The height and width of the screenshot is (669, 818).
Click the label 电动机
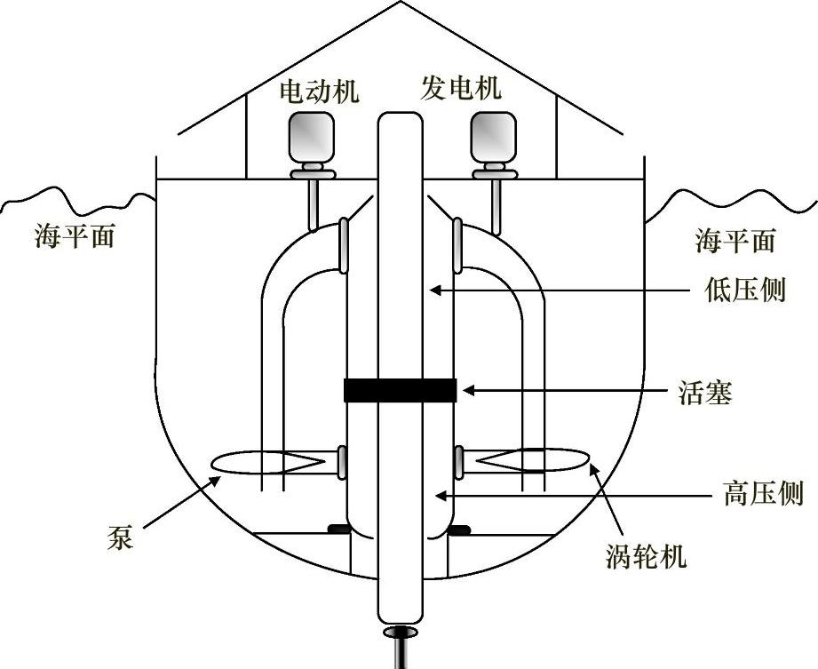pos(319,92)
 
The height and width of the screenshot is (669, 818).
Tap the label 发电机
pos(460,88)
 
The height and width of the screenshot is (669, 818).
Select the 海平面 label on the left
pos(75,237)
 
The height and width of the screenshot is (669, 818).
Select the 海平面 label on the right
pos(735,240)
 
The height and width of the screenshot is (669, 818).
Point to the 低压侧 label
pos(743,290)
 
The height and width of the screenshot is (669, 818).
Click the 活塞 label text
pos(704,392)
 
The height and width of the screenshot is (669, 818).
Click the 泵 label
pos(120,538)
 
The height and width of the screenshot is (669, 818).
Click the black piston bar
pos(400,391)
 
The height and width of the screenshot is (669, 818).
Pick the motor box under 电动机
pos(311,139)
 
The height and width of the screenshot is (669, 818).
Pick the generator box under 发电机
pos(493,138)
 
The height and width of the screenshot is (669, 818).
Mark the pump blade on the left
pos(266,462)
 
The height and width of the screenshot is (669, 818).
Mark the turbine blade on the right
pos(533,460)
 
